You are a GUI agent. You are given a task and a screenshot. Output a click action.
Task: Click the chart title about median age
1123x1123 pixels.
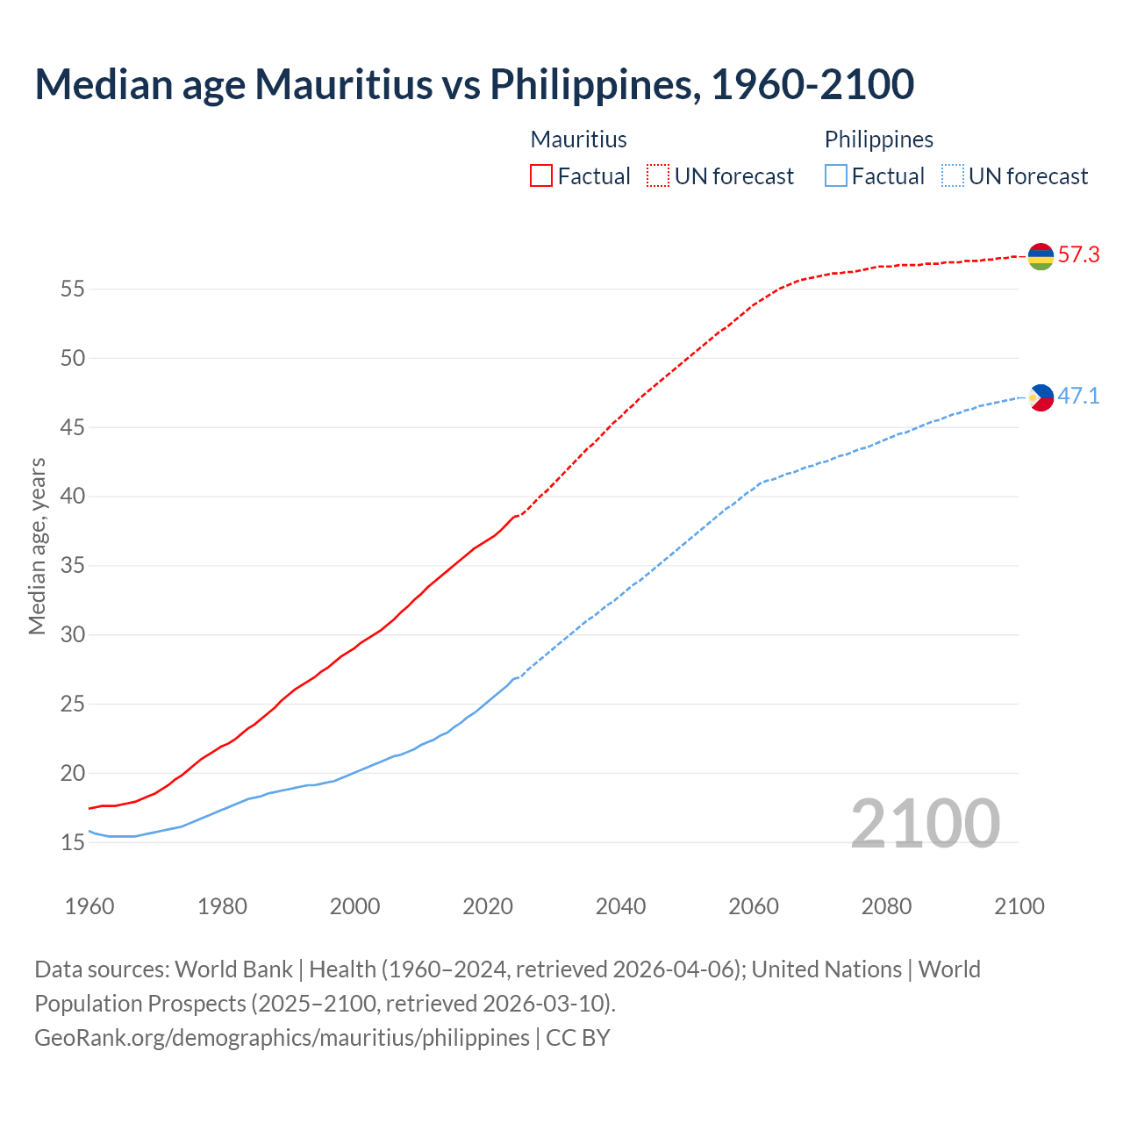pos(474,84)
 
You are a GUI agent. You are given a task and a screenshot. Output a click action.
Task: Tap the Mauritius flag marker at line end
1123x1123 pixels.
pos(1041,256)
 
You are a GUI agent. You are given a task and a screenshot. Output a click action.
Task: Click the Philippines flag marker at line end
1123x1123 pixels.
pos(1041,397)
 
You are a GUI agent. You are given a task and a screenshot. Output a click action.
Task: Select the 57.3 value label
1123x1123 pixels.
pos(1078,255)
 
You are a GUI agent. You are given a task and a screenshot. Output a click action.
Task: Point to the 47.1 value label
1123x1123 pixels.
pos(1078,397)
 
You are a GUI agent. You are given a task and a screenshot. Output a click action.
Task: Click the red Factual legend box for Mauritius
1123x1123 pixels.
pos(541,176)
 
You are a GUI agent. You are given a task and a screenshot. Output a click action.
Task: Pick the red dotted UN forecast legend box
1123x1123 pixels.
pos(658,176)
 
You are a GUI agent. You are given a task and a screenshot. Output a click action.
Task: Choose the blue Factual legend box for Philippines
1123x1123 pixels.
pos(836,176)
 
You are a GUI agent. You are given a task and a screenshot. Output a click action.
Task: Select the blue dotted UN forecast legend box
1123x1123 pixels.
pos(953,176)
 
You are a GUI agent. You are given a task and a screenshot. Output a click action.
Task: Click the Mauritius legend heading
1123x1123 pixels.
pos(579,139)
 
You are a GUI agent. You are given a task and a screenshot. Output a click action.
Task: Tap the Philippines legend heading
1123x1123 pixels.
pos(878,139)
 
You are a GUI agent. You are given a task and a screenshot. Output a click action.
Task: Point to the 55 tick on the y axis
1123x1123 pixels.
pos(73,289)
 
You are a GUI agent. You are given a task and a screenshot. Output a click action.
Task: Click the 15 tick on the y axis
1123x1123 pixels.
pos(73,842)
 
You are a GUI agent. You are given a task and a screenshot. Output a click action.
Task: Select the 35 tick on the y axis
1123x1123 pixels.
pos(73,566)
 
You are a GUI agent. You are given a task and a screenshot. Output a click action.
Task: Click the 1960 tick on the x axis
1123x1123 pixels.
pos(89,906)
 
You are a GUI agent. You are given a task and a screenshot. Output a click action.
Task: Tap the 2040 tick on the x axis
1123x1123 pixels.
pos(620,906)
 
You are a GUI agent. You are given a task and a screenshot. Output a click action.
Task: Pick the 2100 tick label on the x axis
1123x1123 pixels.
pos(1019,906)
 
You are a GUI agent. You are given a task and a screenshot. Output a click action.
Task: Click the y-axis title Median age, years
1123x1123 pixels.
pos(37,546)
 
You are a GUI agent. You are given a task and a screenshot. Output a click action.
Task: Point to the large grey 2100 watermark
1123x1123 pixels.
pos(925,823)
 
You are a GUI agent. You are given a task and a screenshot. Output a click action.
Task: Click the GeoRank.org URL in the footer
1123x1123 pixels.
pos(282,1038)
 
